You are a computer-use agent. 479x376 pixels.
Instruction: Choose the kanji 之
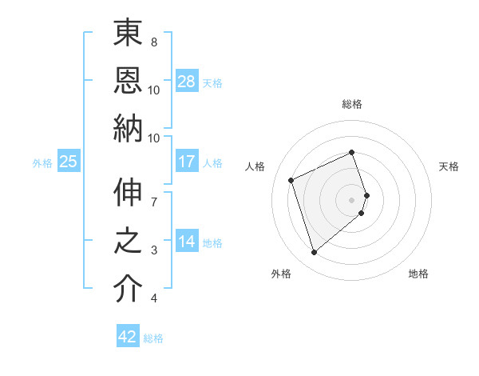(x=128, y=243)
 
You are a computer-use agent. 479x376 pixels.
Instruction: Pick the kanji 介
(x=128, y=289)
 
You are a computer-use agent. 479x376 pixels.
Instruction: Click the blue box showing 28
(x=187, y=82)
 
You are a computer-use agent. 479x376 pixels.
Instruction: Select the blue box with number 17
(x=187, y=162)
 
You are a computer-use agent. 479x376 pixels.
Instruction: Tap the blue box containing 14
(x=187, y=242)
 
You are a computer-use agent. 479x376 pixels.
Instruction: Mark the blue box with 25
(x=69, y=162)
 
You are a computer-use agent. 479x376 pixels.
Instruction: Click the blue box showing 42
(x=128, y=337)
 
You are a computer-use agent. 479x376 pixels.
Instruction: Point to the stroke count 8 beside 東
(x=154, y=42)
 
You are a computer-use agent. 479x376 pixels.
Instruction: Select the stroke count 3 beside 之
(x=154, y=250)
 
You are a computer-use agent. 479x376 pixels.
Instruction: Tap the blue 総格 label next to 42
(x=153, y=338)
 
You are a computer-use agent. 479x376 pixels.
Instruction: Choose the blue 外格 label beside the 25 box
(x=42, y=163)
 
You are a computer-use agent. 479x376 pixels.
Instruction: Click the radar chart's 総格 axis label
(x=352, y=104)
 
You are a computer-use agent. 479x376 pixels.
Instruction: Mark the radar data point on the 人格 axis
(x=291, y=179)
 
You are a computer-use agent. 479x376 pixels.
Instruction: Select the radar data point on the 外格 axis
(x=314, y=253)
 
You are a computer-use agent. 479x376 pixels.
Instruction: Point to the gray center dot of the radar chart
(x=352, y=199)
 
